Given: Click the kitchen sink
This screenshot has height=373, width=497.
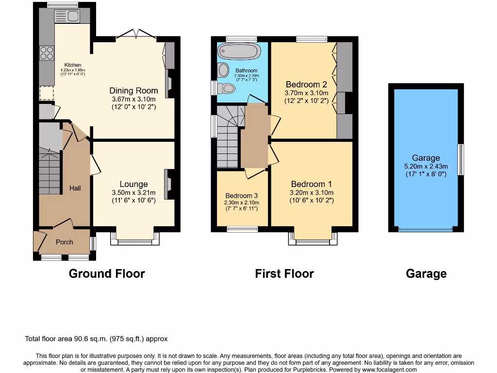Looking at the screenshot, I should pos(67,17).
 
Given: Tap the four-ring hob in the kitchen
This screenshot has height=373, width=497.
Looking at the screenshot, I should pos(47,52).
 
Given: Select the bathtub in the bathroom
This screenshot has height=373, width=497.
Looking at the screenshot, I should pos(239,51).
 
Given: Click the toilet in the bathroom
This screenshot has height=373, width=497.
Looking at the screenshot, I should pos(226,88).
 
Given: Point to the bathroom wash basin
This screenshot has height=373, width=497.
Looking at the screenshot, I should pos(224,70).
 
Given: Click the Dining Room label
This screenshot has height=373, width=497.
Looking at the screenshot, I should pos(133,90).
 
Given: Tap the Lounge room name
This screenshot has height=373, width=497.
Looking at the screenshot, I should pos(133,184).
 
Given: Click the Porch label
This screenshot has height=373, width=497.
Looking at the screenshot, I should pos(65,242).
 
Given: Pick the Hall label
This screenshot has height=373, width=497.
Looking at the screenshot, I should pos(75,188).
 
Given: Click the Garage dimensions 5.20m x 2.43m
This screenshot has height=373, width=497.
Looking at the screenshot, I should pos(426,166).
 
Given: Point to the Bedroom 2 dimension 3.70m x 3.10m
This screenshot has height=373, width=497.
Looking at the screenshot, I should pos(307,93).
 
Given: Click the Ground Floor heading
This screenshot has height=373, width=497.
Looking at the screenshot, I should pos(107,273).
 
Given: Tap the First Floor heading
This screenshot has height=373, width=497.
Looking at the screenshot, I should pos(284,273).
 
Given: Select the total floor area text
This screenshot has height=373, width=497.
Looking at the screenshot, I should pos(96,339).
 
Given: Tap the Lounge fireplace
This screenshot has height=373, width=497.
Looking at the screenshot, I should pos(168,184).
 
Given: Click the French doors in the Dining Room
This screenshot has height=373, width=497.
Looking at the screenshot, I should pos(136,34).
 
